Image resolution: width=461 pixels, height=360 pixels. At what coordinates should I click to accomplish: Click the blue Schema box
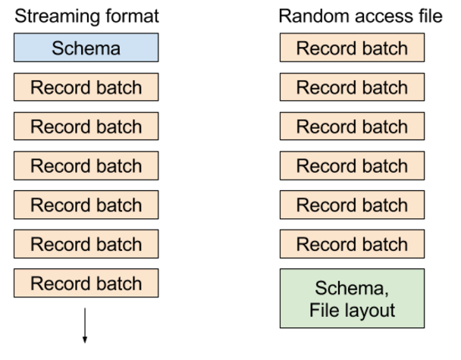[85, 48]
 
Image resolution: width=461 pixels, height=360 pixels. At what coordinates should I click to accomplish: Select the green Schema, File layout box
[352, 298]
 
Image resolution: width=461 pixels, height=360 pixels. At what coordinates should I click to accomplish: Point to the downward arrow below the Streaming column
[85, 325]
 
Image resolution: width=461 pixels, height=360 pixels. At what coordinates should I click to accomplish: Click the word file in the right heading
[429, 16]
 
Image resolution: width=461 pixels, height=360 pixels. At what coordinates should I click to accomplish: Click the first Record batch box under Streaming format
[85, 87]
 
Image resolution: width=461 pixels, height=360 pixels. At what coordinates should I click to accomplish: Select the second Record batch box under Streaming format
[85, 127]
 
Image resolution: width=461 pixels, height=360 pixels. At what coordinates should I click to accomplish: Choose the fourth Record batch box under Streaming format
[85, 205]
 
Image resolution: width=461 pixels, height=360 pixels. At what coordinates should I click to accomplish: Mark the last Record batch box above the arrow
[85, 283]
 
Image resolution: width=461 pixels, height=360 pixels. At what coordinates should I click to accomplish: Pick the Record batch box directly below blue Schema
[85, 87]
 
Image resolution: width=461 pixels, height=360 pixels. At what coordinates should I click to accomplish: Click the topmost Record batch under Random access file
[352, 48]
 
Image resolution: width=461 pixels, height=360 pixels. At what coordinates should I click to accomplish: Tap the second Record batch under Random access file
[352, 87]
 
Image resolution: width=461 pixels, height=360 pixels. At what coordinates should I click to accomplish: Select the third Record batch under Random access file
[352, 127]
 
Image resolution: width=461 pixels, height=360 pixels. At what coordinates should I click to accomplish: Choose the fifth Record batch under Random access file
[352, 205]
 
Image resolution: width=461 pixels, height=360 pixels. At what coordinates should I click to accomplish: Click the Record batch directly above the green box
[352, 244]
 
